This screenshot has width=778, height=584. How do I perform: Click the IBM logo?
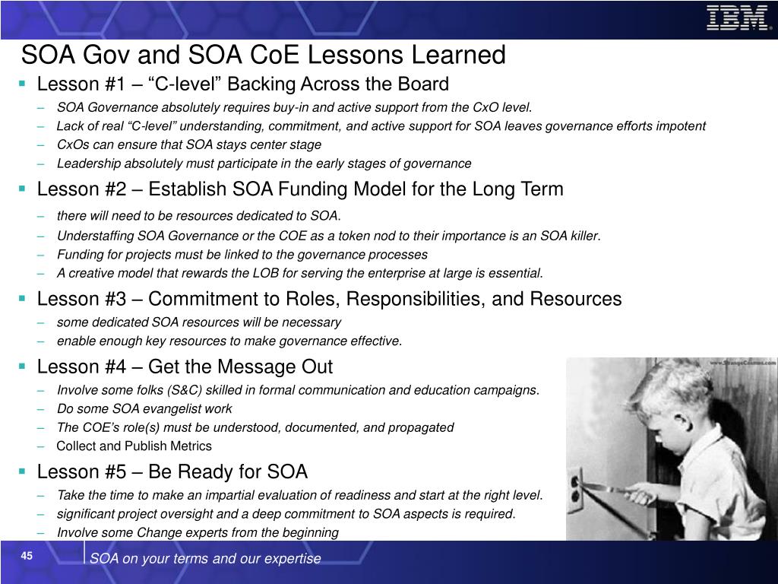(737, 18)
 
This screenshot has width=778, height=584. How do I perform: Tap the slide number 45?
(27, 556)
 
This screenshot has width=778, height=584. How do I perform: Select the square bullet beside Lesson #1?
(22, 84)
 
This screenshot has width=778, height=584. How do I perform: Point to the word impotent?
(680, 126)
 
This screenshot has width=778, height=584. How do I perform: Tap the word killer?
(585, 236)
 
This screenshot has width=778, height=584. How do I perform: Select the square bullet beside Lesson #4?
(22, 367)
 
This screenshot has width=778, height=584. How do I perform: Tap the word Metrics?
(191, 446)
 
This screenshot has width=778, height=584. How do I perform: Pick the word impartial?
(233, 495)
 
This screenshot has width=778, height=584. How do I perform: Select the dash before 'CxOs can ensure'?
(41, 145)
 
